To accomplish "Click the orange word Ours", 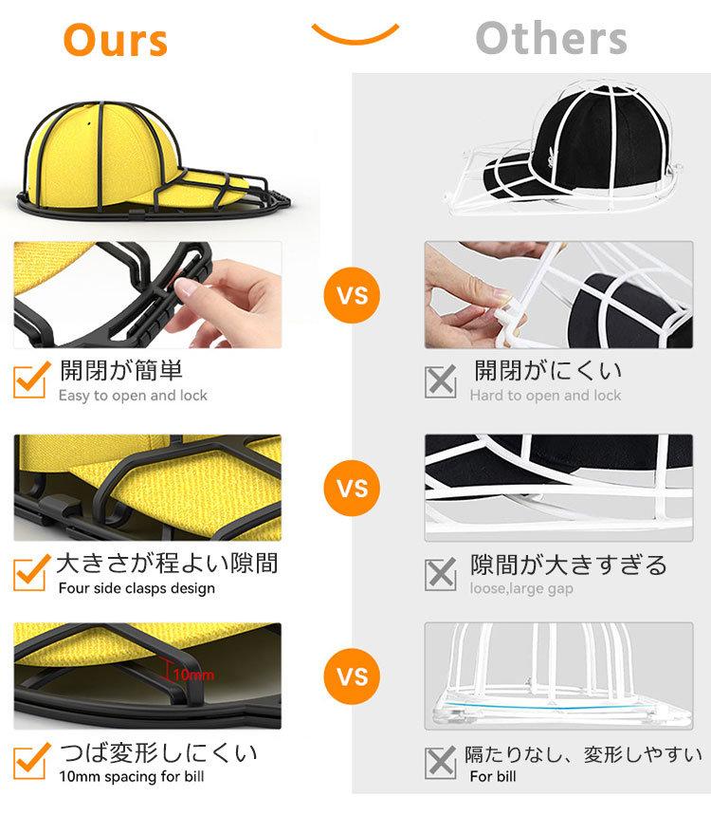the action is pos(116,40).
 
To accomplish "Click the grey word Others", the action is pos(551,38).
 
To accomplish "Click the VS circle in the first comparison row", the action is pos(352,295).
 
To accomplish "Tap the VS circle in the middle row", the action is pos(352,488).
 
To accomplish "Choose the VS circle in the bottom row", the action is pos(352,676).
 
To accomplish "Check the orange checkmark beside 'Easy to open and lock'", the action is pos(31,380).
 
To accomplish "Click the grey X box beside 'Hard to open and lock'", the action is pos(441,381).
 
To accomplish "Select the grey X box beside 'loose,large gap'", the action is pos(441,574).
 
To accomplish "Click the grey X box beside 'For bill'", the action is pos(441,763).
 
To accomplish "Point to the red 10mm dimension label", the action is pos(193,676).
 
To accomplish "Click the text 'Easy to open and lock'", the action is pos(133,396).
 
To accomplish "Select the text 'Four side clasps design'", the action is pos(137,588).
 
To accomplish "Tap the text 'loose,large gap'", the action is pos(521,588).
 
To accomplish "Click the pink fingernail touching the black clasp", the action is pos(184,287).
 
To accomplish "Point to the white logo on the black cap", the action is pos(549,156).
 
